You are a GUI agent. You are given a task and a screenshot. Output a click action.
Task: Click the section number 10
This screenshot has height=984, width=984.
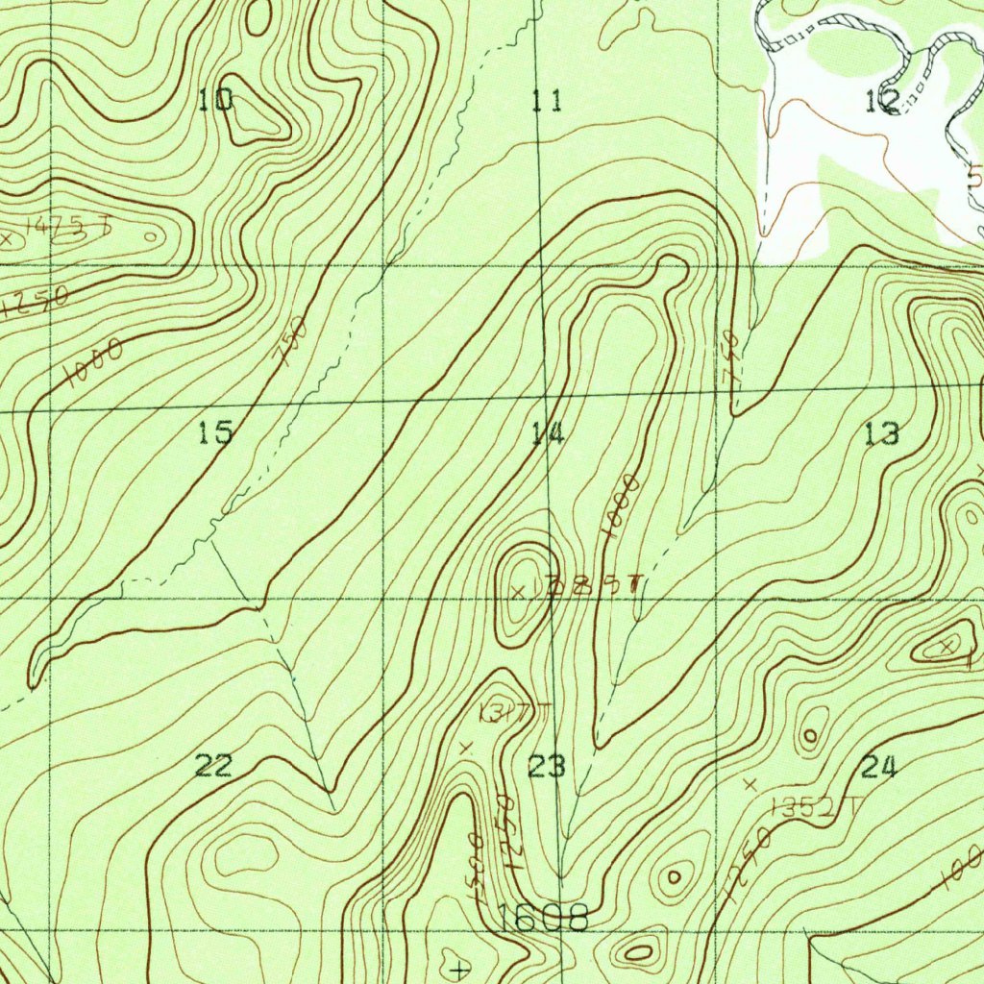[x=216, y=99]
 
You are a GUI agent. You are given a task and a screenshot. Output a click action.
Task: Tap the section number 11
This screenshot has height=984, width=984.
[x=547, y=99]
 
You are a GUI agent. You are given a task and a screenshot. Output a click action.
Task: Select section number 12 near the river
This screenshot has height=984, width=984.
[x=882, y=99]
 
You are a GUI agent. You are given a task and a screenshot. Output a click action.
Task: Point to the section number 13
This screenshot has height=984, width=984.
[x=881, y=434]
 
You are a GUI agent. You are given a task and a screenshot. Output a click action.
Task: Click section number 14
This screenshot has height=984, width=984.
[x=547, y=434]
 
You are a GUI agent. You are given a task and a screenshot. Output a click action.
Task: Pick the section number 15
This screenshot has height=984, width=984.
[x=215, y=433]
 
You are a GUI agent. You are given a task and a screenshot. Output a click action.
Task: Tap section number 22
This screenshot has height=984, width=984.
[x=213, y=766]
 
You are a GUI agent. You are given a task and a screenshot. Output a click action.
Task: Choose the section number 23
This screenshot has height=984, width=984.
[x=547, y=767]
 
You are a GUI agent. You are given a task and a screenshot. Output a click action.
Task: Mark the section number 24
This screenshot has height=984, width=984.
[x=878, y=767]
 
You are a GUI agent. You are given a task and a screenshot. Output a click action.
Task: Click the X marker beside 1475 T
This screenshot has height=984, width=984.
[x=8, y=238]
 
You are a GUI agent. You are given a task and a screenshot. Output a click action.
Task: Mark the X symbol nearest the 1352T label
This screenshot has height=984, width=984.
[x=750, y=784]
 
